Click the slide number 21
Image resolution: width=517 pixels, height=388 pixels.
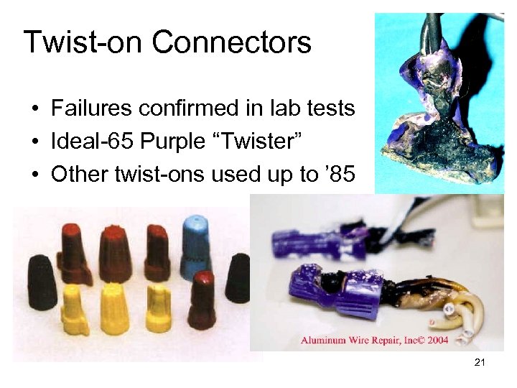[x=480, y=363]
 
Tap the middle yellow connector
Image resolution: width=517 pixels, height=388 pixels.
[x=114, y=309]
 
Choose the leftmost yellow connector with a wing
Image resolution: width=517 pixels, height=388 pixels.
[x=74, y=309]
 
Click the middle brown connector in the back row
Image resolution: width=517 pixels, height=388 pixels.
[x=114, y=251]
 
